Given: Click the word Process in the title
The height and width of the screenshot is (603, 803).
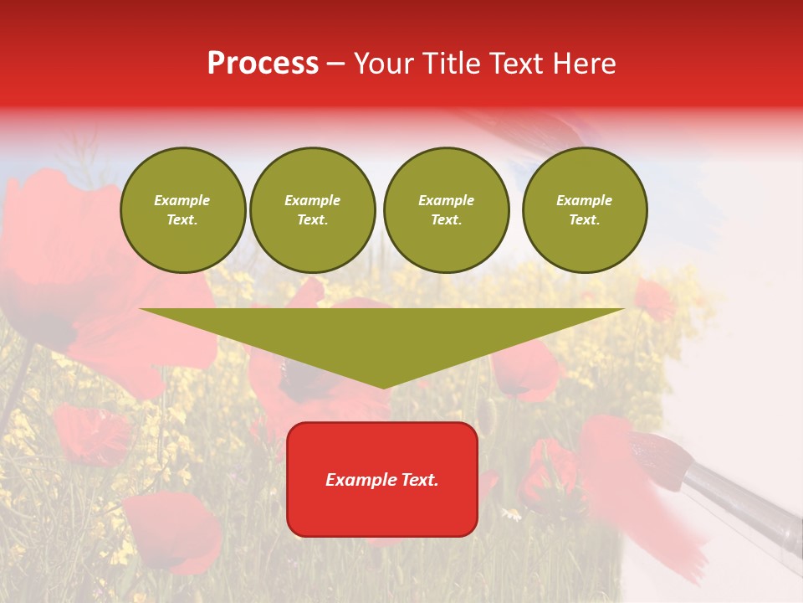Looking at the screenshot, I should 263,64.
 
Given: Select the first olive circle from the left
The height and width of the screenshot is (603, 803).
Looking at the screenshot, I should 182,210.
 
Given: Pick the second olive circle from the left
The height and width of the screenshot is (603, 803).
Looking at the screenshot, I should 313,210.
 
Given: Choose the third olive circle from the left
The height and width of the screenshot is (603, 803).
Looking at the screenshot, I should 447,210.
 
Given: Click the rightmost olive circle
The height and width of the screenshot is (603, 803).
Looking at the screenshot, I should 585,210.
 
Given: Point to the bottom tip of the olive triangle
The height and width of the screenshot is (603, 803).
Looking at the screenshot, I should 383,388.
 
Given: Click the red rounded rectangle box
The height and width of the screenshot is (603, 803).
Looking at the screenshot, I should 382,511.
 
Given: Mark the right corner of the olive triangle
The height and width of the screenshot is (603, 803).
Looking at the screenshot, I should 622,310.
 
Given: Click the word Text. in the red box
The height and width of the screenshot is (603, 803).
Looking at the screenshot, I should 419,480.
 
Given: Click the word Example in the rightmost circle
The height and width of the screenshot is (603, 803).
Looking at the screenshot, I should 585,200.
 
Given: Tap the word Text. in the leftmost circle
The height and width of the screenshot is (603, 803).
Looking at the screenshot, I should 182,220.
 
